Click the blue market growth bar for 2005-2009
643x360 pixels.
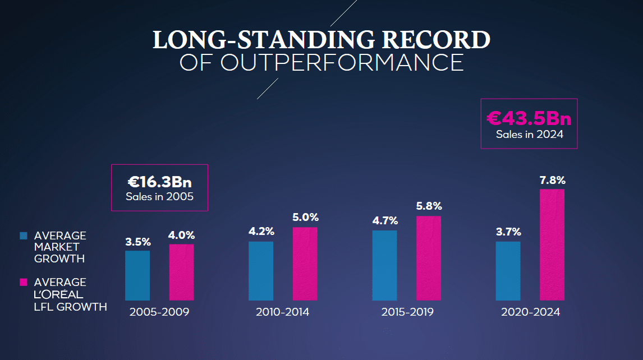coord(137,275)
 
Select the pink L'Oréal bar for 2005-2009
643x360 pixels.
coord(181,272)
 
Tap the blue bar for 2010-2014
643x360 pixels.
coord(261,271)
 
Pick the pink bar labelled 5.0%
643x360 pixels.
coord(305,264)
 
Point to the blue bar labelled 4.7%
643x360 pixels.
coord(384,265)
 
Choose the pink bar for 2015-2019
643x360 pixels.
coord(429,258)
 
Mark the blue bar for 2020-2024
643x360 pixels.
coord(508,271)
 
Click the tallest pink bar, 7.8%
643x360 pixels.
coord(552,244)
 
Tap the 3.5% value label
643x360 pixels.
coord(137,242)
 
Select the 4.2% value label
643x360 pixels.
coord(261,232)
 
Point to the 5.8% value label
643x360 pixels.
coord(429,206)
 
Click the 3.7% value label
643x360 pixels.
coord(508,232)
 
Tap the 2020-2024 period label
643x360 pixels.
coord(530,312)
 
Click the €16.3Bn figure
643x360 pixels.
coord(160,182)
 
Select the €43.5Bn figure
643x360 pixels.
coord(529,118)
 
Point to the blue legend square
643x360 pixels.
coord(23,236)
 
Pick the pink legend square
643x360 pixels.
coord(23,282)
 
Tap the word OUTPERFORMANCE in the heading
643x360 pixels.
coord(342,63)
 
